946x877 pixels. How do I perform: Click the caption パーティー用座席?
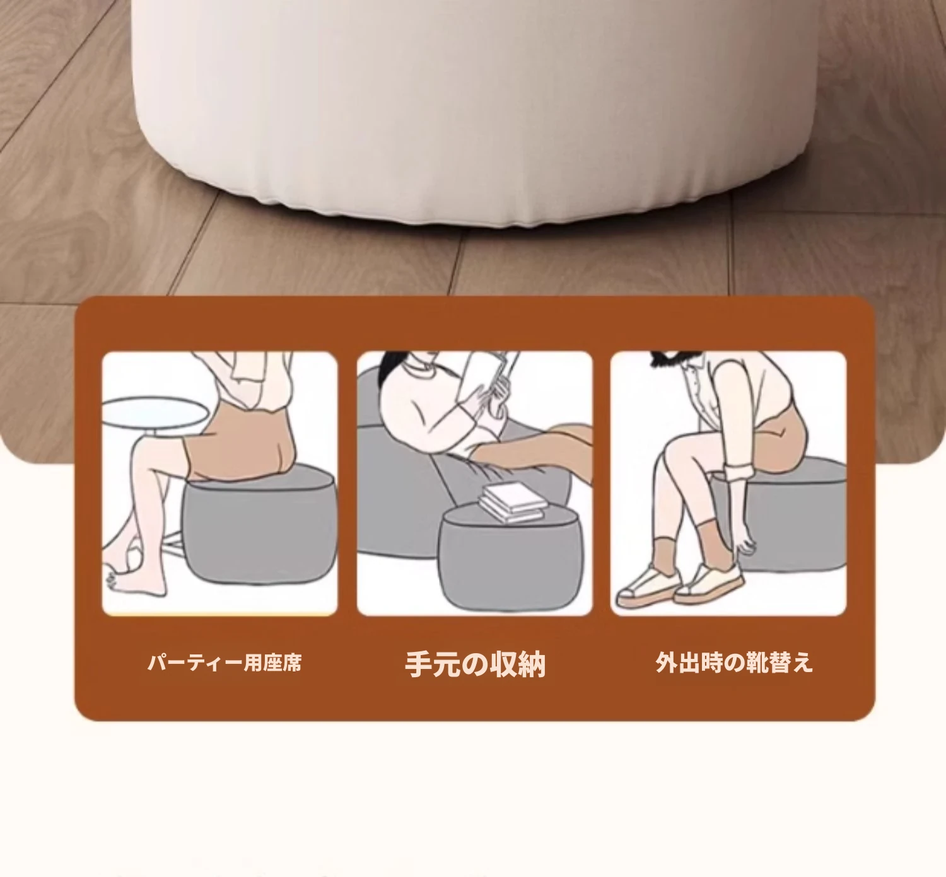click(225, 663)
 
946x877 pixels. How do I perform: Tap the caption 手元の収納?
click(475, 664)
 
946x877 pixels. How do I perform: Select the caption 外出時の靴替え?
click(734, 663)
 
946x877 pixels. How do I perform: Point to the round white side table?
click(155, 412)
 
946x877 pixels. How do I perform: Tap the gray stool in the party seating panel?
click(260, 524)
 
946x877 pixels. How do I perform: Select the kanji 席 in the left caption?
click(291, 663)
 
